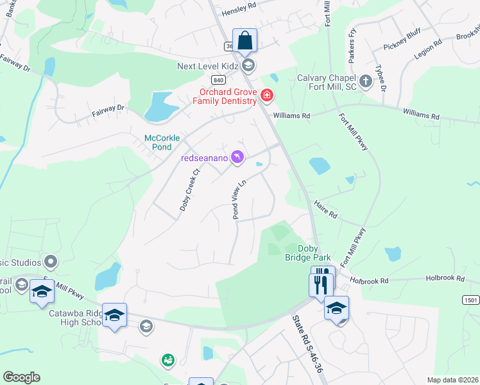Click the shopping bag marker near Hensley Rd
click(x=244, y=40)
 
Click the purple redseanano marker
click(x=237, y=157)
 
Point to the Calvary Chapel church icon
click(x=366, y=81)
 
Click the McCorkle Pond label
click(x=162, y=142)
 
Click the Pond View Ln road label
click(x=239, y=200)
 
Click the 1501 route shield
click(x=470, y=300)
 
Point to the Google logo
click(x=21, y=377)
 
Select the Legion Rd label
click(x=428, y=50)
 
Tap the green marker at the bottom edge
click(x=168, y=361)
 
